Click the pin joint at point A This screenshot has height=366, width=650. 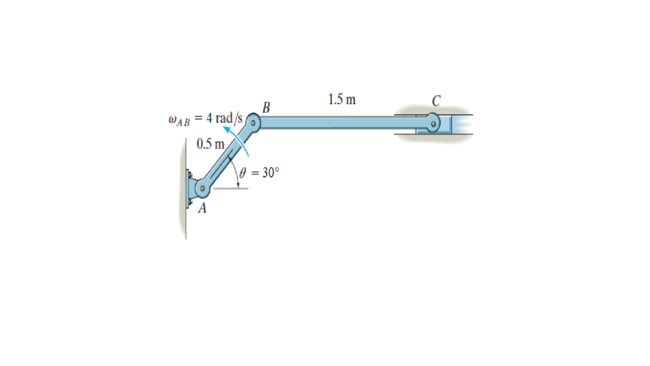pyautogui.click(x=202, y=188)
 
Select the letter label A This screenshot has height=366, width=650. pyautogui.click(x=202, y=208)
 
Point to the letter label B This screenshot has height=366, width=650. pyautogui.click(x=266, y=106)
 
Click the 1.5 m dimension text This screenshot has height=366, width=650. pyautogui.click(x=342, y=99)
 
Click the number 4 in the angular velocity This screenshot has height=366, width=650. pyautogui.click(x=206, y=118)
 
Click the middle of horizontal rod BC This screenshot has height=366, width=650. pyautogui.click(x=343, y=121)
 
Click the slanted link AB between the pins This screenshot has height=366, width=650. pyautogui.click(x=227, y=155)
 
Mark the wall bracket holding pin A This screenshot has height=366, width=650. pyautogui.click(x=190, y=188)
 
